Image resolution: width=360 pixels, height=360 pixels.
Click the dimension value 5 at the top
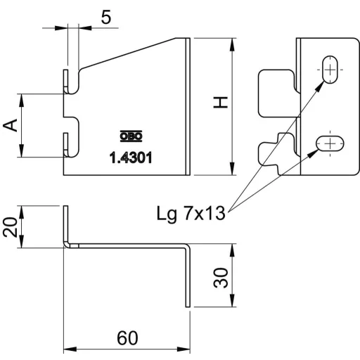(x=106, y=18)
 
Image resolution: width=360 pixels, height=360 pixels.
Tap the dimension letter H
(x=221, y=103)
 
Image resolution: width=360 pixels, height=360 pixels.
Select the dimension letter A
(x=11, y=125)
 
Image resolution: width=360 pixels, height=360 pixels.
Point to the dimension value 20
(x=11, y=227)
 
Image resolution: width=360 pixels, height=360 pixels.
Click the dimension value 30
(x=221, y=278)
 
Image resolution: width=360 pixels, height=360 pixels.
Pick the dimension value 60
(x=127, y=338)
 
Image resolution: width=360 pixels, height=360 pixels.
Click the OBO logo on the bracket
(x=131, y=136)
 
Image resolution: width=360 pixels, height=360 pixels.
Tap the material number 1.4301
(x=131, y=157)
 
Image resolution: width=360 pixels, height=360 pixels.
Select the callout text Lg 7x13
(x=191, y=214)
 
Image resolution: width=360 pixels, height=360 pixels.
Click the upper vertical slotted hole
(x=330, y=70)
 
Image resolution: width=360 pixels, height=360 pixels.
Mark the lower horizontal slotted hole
(x=330, y=143)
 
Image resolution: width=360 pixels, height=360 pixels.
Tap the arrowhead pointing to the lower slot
(x=312, y=153)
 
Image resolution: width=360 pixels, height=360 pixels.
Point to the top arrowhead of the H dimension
(x=232, y=44)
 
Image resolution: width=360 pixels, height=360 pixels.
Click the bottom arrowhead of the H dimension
(x=232, y=169)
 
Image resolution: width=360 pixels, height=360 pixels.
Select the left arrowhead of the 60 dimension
(x=70, y=349)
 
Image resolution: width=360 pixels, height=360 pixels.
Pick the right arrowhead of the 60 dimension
(x=184, y=349)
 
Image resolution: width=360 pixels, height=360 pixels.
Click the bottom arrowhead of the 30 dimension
(x=232, y=300)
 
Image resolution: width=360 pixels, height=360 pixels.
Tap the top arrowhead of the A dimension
(x=21, y=101)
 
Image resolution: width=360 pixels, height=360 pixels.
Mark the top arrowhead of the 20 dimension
(x=21, y=212)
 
